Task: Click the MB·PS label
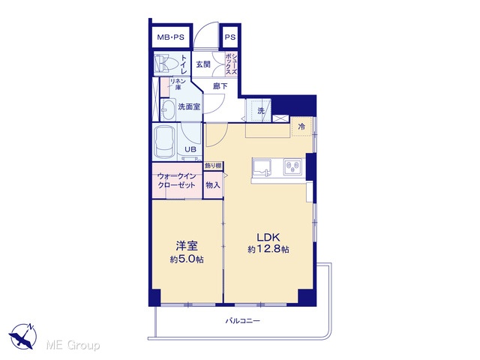coord(170,37)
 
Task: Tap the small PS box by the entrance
coord(230,37)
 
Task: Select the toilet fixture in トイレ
coord(166,64)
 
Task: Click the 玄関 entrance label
coord(203,64)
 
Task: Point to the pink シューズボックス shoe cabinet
coord(231,64)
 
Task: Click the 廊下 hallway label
coord(220,86)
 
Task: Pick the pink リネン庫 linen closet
coord(165,87)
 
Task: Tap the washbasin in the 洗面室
coord(167,110)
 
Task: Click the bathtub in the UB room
coord(165,142)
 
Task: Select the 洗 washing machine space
coord(259,110)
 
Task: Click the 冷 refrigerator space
coord(301,126)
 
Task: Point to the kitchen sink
coord(262,168)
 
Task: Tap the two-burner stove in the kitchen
coord(292,166)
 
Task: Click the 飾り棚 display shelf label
coord(213,166)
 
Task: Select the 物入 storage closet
coord(213,185)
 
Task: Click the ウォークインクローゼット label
coord(177,181)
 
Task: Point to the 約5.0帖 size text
coord(187,259)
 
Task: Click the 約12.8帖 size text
coord(268,249)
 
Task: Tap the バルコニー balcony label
coord(243,321)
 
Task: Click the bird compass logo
coord(22,336)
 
